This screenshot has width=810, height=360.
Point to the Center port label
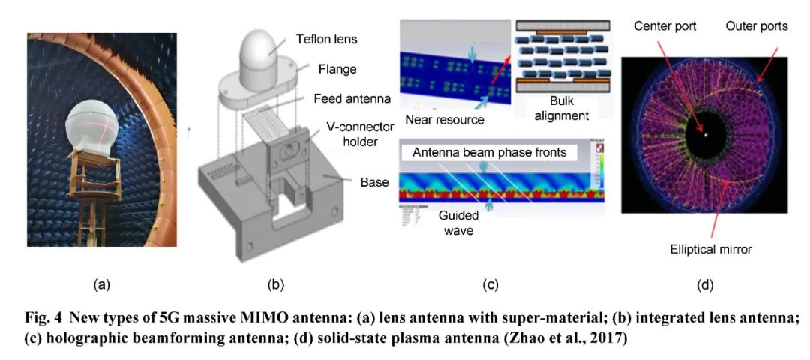point(665,27)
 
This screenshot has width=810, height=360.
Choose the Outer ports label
point(757,26)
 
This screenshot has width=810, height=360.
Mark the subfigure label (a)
point(101,284)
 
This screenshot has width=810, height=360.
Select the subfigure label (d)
point(704,284)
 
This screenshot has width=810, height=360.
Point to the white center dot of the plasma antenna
point(706,136)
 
